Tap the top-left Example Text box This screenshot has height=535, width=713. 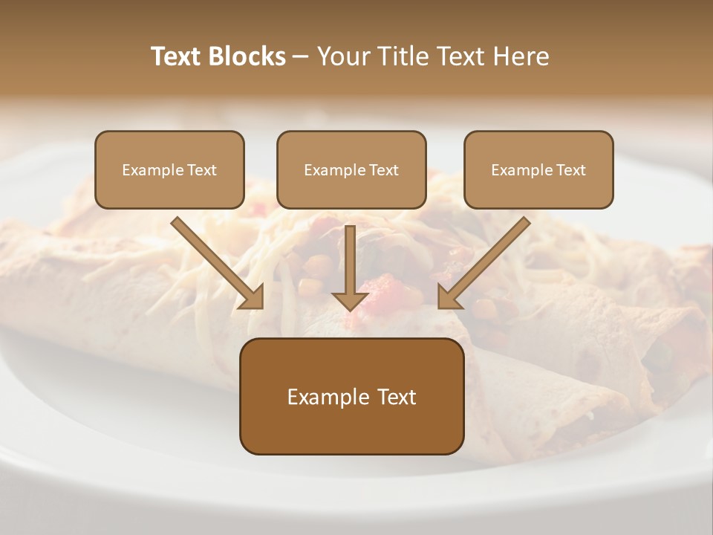169,170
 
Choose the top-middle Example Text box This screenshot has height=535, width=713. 351,170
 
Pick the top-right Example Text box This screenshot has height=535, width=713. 538,170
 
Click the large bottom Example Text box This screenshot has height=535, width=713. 352,397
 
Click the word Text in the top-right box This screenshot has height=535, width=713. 570,170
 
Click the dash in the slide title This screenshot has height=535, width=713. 301,56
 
